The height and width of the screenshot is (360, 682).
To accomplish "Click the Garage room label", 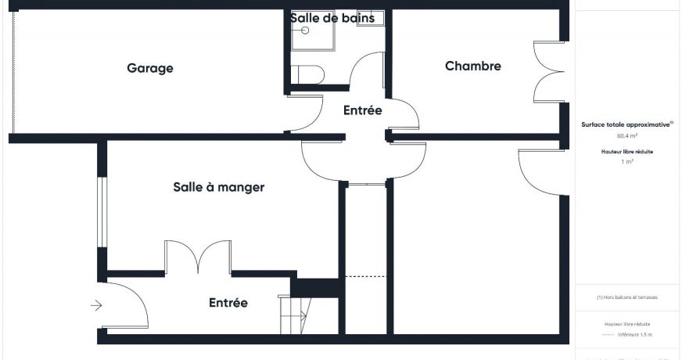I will [150, 68].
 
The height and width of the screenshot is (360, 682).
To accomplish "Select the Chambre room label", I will [472, 67].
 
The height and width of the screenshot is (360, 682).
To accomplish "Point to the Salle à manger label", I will [218, 187].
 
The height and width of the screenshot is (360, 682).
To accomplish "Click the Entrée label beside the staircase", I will [228, 303].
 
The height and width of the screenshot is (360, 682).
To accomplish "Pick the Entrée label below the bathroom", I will [362, 111].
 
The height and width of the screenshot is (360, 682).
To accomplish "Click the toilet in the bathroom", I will [308, 74].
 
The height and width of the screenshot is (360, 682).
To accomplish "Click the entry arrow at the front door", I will [96, 305].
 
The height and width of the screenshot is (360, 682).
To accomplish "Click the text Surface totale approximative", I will [626, 124].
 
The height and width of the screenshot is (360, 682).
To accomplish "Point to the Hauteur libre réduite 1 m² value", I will [626, 161].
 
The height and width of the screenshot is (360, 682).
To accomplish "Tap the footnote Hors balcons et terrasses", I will [626, 297].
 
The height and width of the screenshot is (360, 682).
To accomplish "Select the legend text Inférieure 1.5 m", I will [635, 334].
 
